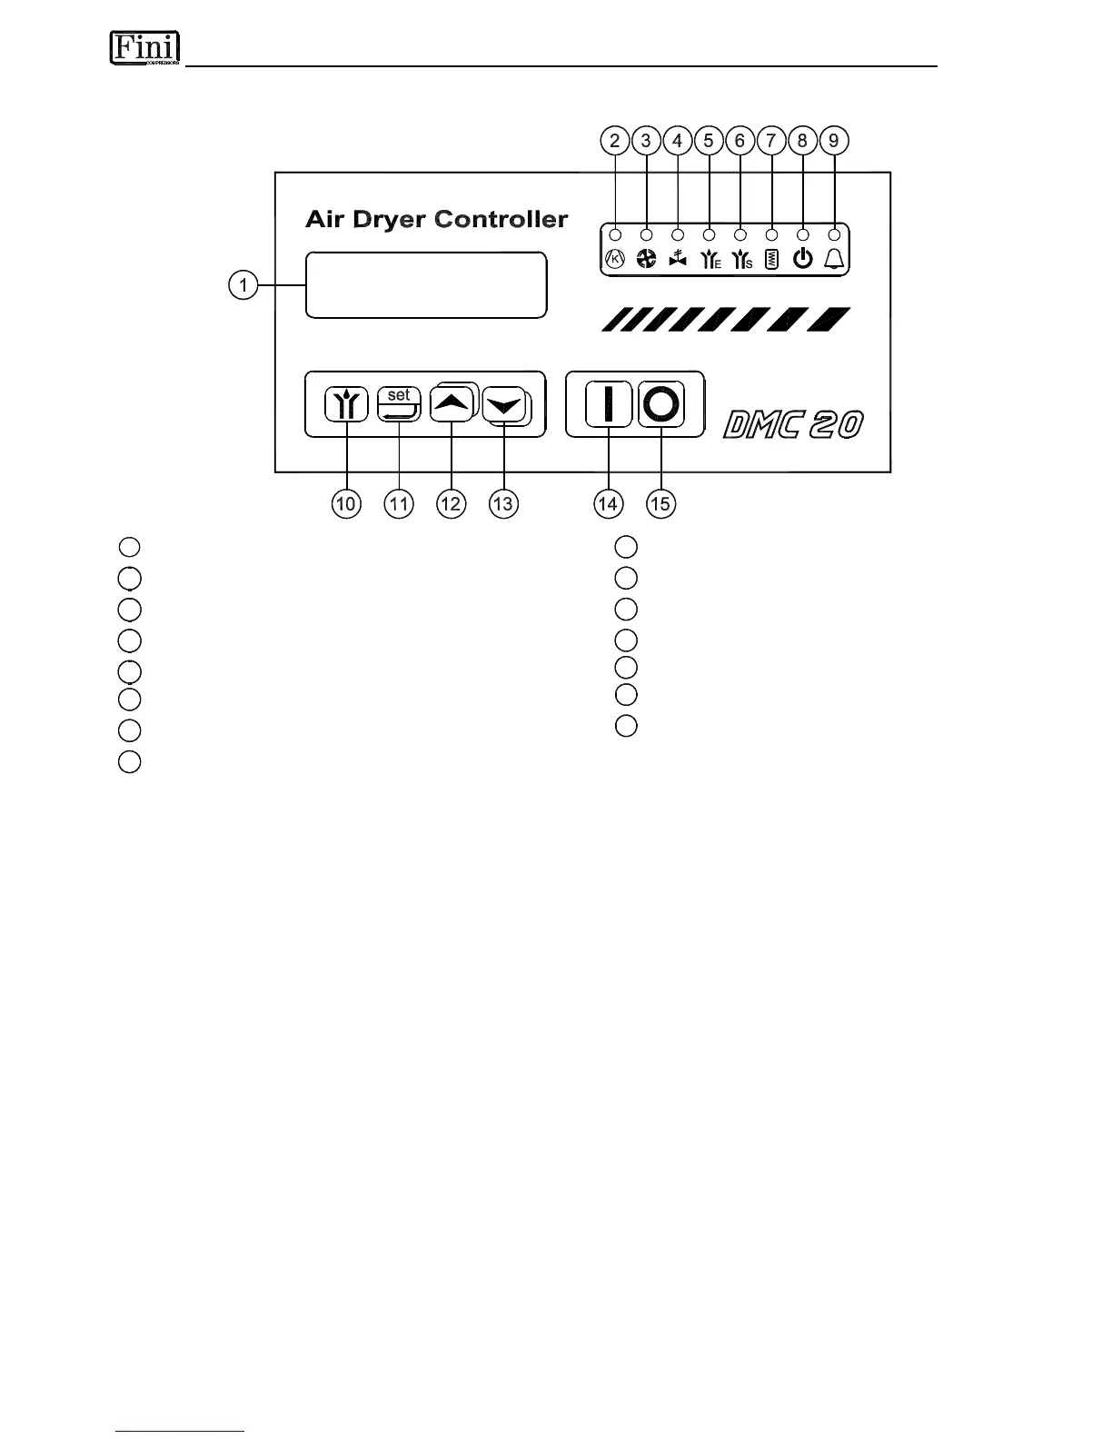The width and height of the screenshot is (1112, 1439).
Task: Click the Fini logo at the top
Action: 144,47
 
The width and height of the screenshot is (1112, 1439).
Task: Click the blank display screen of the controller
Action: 426,285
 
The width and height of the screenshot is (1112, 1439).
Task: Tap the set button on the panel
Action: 399,404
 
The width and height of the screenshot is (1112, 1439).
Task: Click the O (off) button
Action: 660,404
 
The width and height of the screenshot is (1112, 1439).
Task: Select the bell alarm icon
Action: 834,259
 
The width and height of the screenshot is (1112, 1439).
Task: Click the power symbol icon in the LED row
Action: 802,259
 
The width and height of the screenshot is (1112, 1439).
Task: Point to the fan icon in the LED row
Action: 646,260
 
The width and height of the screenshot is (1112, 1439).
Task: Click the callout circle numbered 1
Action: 242,285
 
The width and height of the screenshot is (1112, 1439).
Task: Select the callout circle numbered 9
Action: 834,141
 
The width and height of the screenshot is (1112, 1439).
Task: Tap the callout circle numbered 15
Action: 661,503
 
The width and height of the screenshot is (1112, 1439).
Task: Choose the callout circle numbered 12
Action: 451,503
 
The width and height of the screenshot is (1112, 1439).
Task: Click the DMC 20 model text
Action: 793,424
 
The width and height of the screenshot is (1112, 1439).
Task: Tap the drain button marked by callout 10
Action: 346,404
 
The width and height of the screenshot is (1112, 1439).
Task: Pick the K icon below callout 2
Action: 615,260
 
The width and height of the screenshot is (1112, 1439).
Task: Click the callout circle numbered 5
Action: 709,141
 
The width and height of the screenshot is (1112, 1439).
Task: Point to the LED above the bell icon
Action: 834,233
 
